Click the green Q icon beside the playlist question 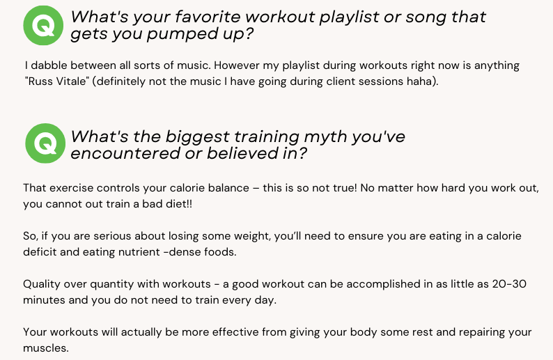43,25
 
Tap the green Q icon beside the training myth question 45,143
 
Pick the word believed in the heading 242,153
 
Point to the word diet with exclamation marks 179,204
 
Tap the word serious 112,236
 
